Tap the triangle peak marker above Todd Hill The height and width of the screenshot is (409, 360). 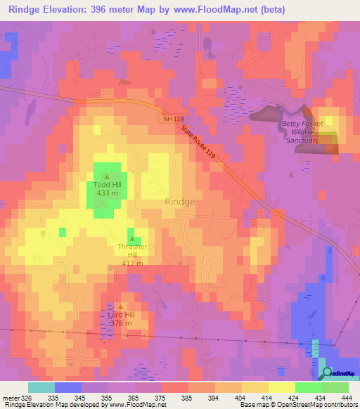click(x=106, y=176)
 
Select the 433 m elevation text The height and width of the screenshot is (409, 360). click(x=106, y=194)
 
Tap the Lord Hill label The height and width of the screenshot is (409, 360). click(x=120, y=315)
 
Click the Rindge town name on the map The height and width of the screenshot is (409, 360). click(x=179, y=201)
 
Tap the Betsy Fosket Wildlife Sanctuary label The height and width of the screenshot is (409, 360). click(x=302, y=132)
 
